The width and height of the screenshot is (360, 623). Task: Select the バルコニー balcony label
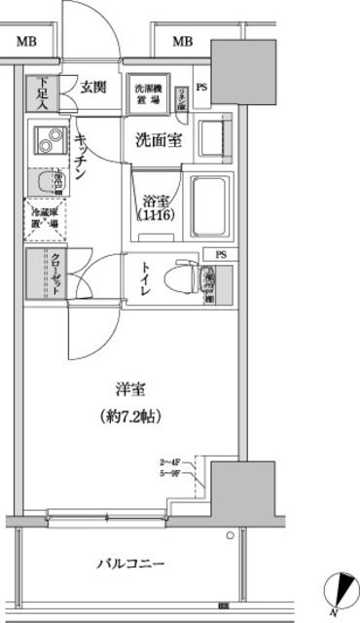[129, 564]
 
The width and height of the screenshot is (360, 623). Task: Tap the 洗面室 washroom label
[157, 139]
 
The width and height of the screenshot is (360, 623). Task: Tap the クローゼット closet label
[56, 273]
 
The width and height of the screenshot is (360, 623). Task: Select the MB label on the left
[27, 41]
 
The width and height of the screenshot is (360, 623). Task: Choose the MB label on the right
[183, 41]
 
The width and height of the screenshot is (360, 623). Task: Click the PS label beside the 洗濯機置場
[201, 88]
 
